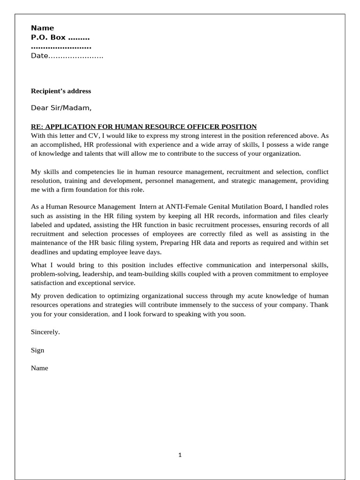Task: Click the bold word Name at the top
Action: click(42, 28)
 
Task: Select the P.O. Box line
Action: click(60, 37)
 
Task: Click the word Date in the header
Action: click(39, 56)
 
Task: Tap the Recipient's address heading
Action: click(61, 91)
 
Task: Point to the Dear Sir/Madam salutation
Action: click(61, 108)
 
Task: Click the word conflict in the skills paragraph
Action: click(317, 172)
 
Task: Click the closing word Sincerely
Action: click(45, 332)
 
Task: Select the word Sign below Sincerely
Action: click(37, 350)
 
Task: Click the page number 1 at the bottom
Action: click(180, 455)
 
